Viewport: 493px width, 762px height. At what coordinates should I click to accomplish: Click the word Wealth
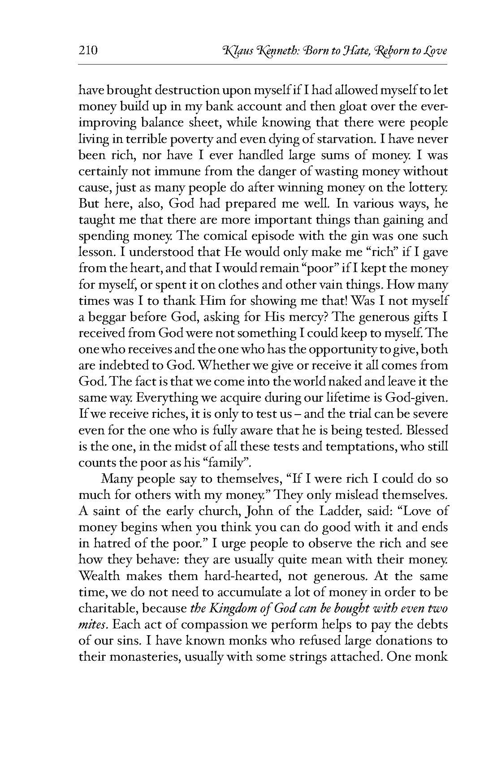[100, 575]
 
